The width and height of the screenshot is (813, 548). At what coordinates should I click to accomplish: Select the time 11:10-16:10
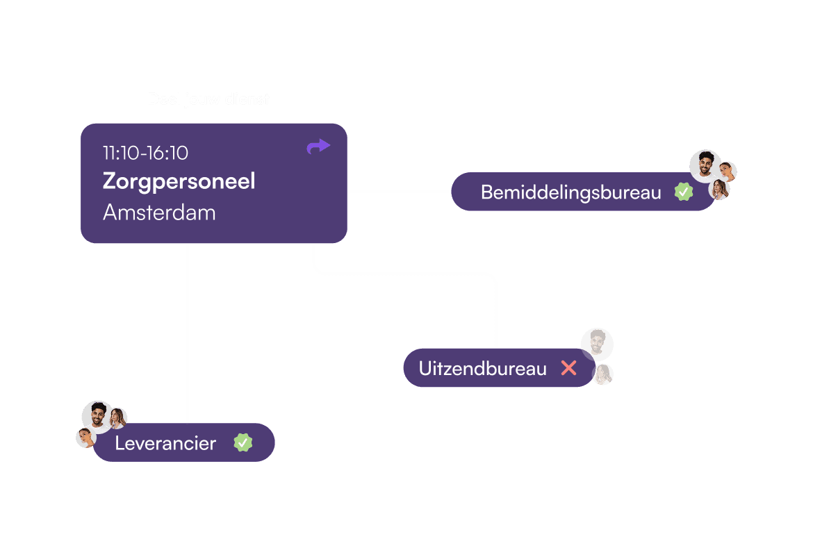pyautogui.click(x=145, y=153)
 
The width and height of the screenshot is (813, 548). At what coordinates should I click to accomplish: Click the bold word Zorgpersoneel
pyautogui.click(x=179, y=181)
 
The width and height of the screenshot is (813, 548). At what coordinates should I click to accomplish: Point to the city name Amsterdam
pyautogui.click(x=159, y=213)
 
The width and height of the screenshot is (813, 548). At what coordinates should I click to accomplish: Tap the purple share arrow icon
pyautogui.click(x=318, y=146)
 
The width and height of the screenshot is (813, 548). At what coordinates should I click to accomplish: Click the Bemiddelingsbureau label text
pyautogui.click(x=570, y=192)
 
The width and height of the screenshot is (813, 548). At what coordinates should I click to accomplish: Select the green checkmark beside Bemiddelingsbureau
pyautogui.click(x=684, y=192)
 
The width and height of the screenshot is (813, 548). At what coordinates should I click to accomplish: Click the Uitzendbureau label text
pyautogui.click(x=482, y=369)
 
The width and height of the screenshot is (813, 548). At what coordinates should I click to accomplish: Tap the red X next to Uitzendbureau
pyautogui.click(x=568, y=368)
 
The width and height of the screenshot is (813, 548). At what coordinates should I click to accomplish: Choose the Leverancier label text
pyautogui.click(x=165, y=443)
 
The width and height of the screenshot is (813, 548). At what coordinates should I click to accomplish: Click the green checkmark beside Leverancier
pyautogui.click(x=243, y=442)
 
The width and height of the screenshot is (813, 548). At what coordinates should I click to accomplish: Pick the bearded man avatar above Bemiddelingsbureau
pyautogui.click(x=705, y=165)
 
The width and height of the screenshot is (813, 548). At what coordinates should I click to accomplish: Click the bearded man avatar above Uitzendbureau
pyautogui.click(x=597, y=343)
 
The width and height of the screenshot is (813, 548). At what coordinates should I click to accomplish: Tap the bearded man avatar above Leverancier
pyautogui.click(x=97, y=415)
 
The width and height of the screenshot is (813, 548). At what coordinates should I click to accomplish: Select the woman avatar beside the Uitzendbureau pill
pyautogui.click(x=603, y=375)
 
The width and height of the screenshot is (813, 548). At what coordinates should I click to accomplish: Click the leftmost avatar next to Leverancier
pyautogui.click(x=85, y=438)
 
